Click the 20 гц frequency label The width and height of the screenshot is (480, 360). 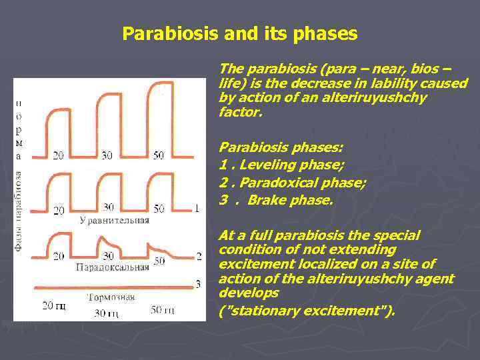(x=54, y=306)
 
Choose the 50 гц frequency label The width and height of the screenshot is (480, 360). (x=162, y=310)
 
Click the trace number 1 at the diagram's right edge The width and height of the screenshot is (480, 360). (x=197, y=209)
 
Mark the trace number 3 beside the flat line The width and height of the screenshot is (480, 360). (x=197, y=285)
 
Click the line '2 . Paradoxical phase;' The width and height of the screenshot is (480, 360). (x=292, y=181)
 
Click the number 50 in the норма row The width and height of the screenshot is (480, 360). (x=158, y=155)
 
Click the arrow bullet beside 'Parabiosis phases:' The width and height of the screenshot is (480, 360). (x=211, y=147)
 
